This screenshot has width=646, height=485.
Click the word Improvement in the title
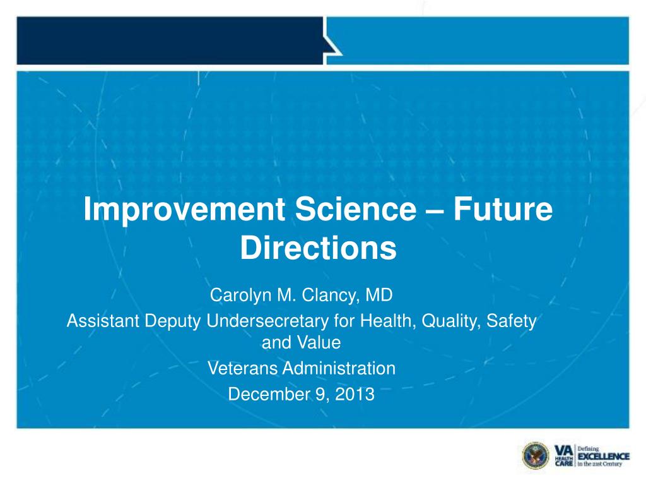pos(185,210)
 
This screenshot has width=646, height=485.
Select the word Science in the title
pos(356,208)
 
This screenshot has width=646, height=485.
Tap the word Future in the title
pos(503,208)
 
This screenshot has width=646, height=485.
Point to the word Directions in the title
pos(318,248)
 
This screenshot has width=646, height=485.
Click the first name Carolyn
pos(240,296)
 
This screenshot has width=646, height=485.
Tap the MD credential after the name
pos(379,295)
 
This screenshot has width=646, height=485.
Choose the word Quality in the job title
pos(451,321)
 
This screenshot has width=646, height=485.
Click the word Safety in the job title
pos(512,321)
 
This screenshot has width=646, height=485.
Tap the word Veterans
pos(242,368)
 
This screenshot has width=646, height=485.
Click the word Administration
pos(339,368)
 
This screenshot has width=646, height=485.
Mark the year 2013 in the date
pos(355,394)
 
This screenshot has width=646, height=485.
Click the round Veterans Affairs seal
pos(536,456)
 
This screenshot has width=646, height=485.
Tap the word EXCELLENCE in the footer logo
pos(604,456)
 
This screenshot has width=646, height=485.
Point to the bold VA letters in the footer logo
pos(563,451)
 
